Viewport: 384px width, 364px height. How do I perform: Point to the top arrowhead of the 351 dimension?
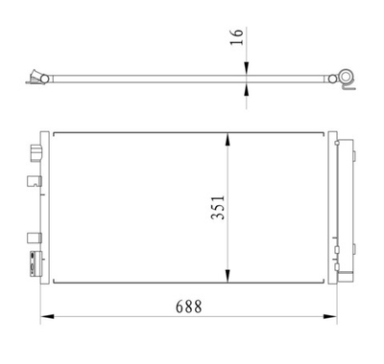click(228, 137)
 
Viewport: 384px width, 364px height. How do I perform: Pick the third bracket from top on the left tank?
click(35, 235)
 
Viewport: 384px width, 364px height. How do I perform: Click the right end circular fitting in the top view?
click(344, 79)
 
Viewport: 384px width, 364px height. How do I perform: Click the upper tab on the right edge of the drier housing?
click(354, 152)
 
